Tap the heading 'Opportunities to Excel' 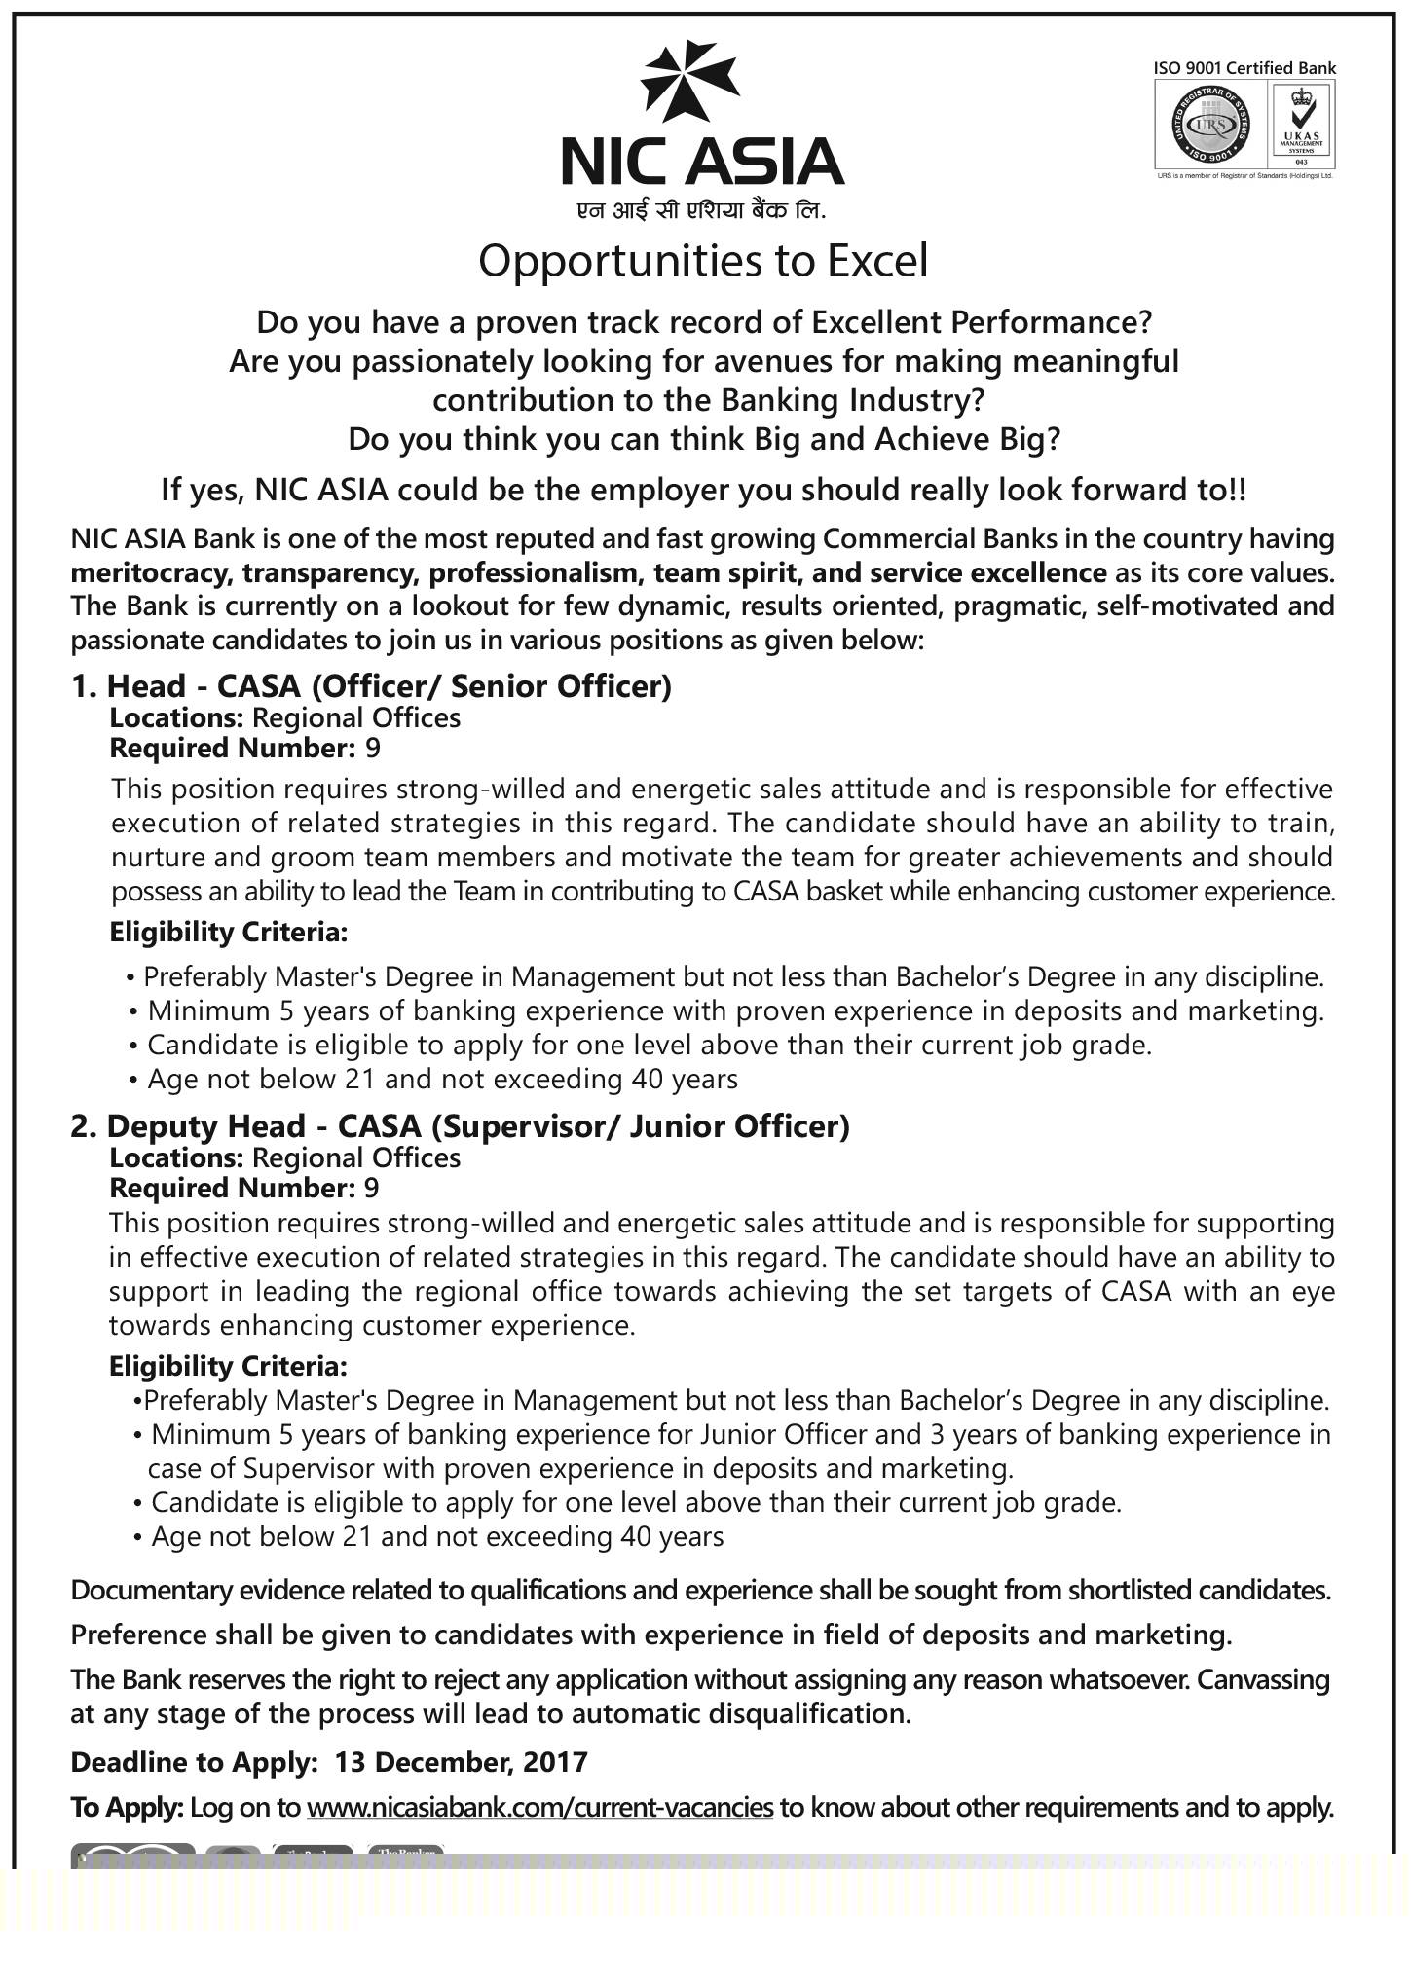click(703, 261)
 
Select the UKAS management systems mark click(1300, 122)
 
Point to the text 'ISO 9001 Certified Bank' click(1244, 68)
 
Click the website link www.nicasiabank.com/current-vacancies click(539, 1808)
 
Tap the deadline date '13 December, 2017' click(462, 1762)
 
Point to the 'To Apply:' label click(127, 1808)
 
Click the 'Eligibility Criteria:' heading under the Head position click(228, 933)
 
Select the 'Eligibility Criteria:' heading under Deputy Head click(228, 1367)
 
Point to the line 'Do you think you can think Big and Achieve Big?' click(703, 440)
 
